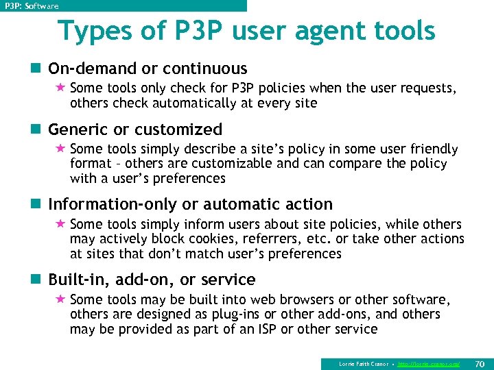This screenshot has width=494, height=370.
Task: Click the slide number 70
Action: (x=480, y=363)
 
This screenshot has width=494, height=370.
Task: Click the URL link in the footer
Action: (x=429, y=364)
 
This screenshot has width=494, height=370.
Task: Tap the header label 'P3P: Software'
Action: (x=32, y=6)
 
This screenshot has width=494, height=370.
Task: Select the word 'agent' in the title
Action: (x=326, y=31)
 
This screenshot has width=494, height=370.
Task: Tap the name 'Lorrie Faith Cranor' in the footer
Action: (x=364, y=364)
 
